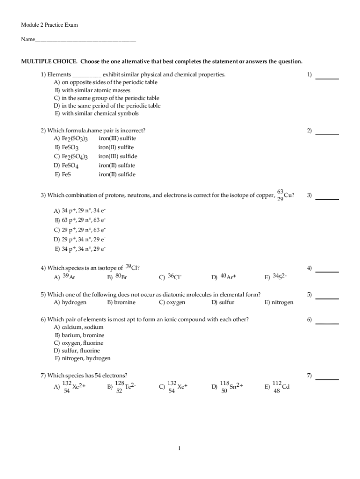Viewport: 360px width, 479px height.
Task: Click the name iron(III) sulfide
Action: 118,157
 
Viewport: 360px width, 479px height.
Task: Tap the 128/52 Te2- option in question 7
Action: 125,387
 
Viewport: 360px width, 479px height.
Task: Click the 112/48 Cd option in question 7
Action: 281,387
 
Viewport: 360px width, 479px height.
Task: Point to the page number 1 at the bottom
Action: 180,449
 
